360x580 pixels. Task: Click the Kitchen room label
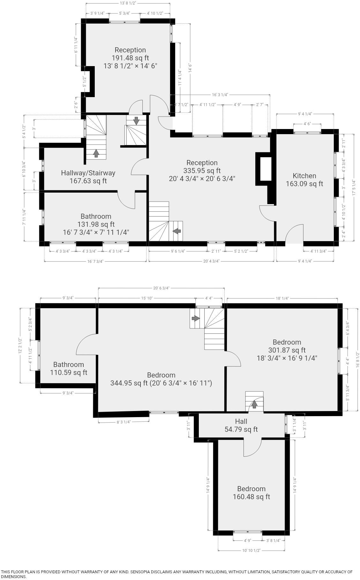point(304,176)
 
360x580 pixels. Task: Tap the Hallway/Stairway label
point(88,173)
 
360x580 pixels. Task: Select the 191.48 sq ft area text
point(130,58)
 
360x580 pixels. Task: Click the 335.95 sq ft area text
point(202,171)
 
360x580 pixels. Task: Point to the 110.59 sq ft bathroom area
point(68,372)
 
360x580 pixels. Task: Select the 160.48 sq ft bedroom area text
point(251,497)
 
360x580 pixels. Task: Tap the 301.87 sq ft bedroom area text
point(287,350)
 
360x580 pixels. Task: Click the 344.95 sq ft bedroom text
point(161,383)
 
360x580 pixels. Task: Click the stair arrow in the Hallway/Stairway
point(96,154)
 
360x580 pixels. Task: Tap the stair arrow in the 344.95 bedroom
point(195,318)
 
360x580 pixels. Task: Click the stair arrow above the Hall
point(254,404)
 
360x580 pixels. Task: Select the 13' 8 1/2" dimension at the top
point(128,3)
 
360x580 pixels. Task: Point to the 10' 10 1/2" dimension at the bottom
point(251,550)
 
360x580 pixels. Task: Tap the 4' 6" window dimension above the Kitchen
point(307,124)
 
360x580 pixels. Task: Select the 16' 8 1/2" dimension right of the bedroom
point(358,359)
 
